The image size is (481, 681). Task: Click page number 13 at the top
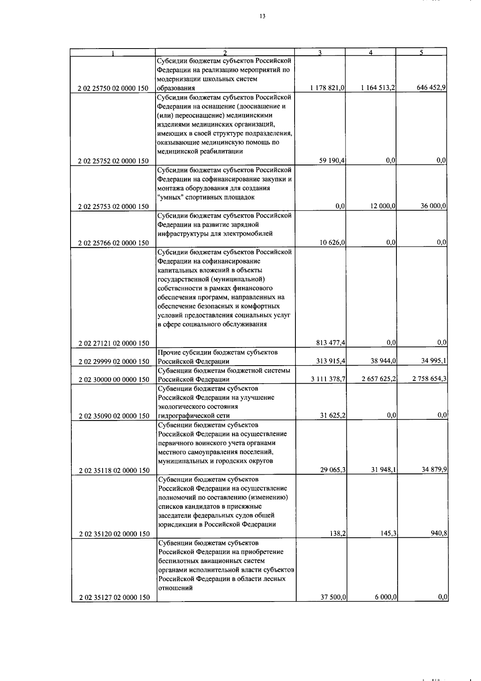click(x=262, y=16)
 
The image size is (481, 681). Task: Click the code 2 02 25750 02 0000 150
click(x=114, y=88)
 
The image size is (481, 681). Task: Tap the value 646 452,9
click(x=431, y=88)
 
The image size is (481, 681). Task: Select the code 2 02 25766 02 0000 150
click(x=114, y=243)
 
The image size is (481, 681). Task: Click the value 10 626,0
click(x=332, y=242)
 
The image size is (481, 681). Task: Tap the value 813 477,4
click(x=331, y=343)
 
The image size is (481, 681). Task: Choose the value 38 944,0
click(x=383, y=361)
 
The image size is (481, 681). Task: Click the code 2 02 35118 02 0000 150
click(x=114, y=470)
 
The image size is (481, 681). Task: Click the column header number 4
click(x=371, y=52)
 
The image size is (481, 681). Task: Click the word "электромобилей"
click(x=251, y=234)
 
